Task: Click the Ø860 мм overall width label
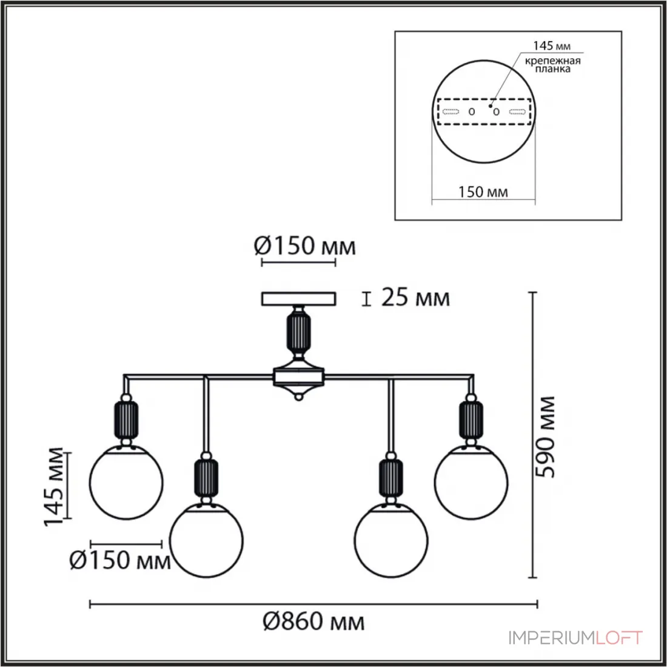click(x=313, y=622)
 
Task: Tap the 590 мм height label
click(x=545, y=437)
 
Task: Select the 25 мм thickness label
click(x=415, y=297)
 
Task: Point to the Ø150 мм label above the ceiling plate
click(x=304, y=246)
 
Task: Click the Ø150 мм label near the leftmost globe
click(x=120, y=560)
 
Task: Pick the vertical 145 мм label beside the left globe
click(x=53, y=487)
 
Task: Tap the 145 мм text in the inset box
click(x=552, y=45)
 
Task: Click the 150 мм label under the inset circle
click(x=483, y=192)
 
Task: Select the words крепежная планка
click(x=552, y=65)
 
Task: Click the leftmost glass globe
click(x=126, y=482)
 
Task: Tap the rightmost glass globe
click(x=471, y=482)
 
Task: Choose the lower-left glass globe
click(x=206, y=540)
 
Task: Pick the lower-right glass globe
click(x=391, y=540)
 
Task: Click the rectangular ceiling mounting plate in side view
click(x=298, y=298)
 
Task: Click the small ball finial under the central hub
click(x=298, y=397)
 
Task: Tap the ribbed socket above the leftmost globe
click(x=126, y=420)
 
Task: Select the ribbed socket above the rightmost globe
click(x=471, y=420)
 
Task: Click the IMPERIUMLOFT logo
click(x=576, y=638)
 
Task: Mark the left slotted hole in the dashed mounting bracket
click(x=451, y=112)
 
